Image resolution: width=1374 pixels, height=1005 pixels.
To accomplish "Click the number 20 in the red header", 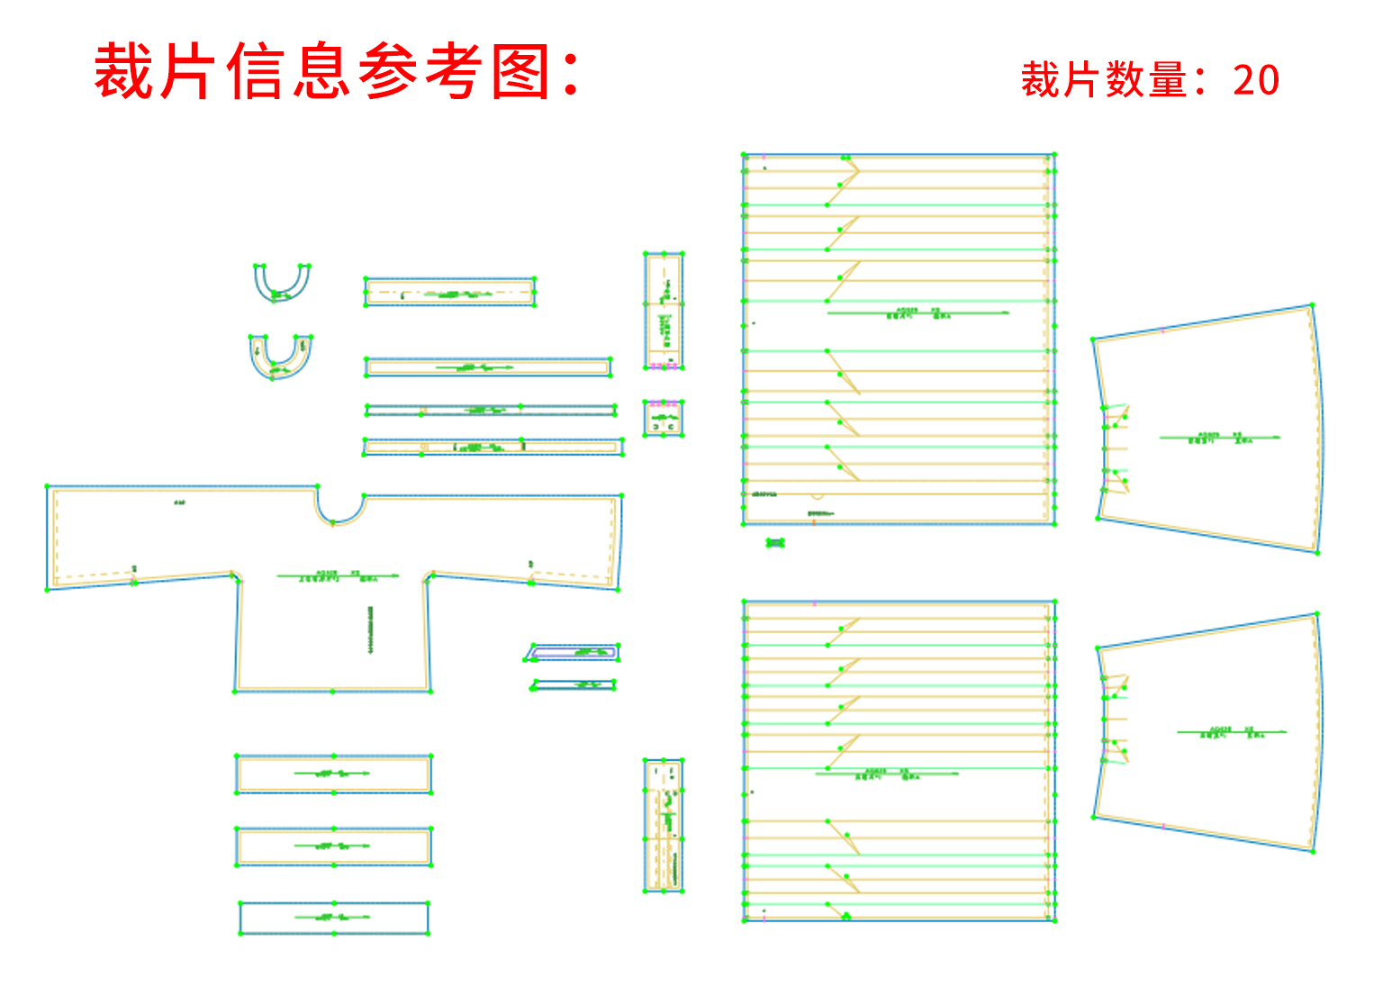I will point(1256,80).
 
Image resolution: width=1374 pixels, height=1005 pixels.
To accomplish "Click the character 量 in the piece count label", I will point(1168,80).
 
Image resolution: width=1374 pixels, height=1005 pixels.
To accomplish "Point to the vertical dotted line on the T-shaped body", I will point(370,629).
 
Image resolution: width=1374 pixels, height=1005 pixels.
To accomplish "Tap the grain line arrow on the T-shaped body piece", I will point(338,575).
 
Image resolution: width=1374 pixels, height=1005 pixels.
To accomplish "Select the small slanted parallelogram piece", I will point(573,652).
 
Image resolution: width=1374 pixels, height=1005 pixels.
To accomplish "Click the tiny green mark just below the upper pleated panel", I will point(775,543).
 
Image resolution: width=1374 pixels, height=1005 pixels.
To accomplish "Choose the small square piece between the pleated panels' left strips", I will point(664,419).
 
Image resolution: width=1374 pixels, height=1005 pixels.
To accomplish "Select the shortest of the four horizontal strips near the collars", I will point(449,293).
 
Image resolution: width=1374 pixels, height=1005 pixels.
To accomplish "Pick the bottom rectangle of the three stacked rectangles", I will point(334,919).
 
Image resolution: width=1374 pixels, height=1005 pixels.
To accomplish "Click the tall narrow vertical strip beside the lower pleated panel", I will point(664,826).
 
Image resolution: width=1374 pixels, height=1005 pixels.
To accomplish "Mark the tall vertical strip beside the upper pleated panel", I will point(664,310).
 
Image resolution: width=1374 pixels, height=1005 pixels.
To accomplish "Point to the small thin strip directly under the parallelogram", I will point(574,685).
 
